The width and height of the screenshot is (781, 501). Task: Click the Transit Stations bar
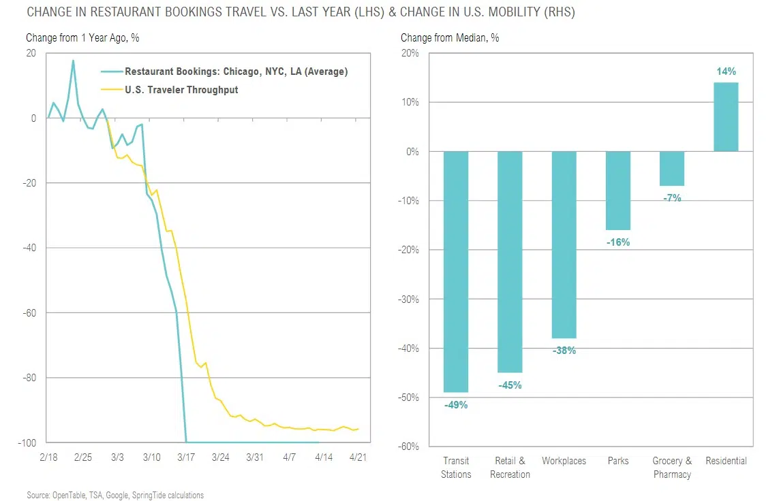tap(456, 272)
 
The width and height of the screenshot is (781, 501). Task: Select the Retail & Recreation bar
tap(510, 262)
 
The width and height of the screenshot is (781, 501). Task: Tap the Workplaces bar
tap(564, 244)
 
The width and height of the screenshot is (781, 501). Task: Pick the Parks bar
tap(618, 191)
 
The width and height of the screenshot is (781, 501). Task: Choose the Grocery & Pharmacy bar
tap(672, 168)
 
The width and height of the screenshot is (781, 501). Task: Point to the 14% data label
tap(726, 71)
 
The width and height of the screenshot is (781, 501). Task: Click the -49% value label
tap(456, 405)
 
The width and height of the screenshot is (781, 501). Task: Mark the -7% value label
tap(672, 198)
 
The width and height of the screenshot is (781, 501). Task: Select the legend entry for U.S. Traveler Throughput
tap(181, 90)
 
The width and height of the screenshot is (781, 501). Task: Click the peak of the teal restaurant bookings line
tap(73, 61)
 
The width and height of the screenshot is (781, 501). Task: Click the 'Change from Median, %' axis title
tap(449, 38)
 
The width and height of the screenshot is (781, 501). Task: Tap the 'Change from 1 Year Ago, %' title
tap(82, 38)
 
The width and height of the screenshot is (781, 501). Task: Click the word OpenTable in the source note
tap(69, 496)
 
